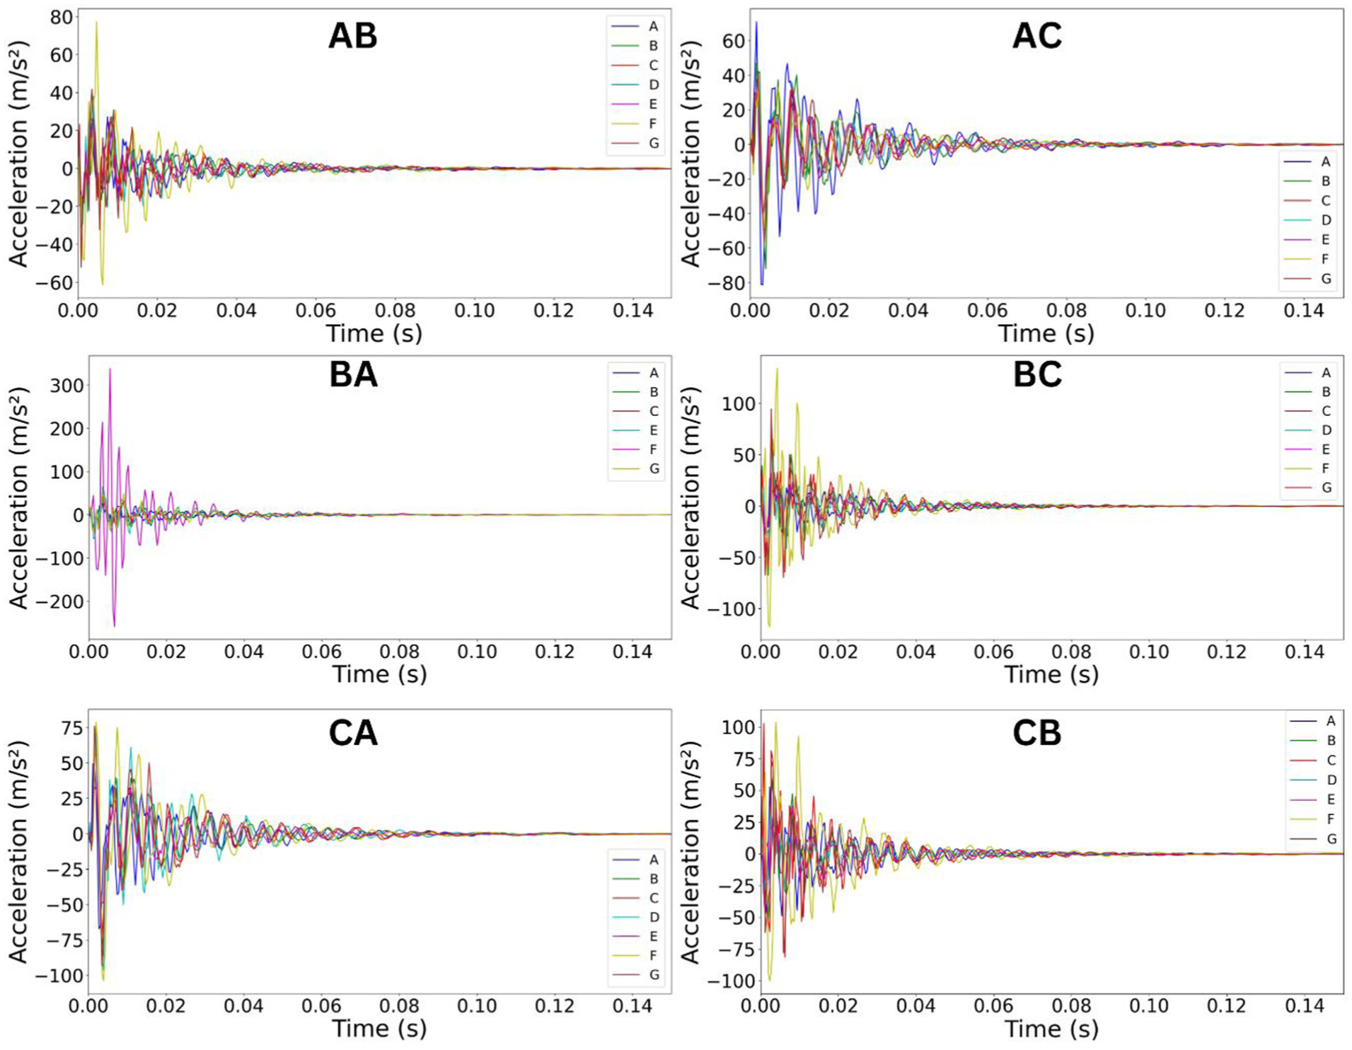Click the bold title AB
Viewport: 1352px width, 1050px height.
pos(353,36)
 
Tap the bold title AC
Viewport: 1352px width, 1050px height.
pos(1036,36)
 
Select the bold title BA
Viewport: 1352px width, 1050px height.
pos(353,375)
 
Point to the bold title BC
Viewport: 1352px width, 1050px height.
pos(1036,375)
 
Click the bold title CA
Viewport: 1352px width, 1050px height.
pos(353,733)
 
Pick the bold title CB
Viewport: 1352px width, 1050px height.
pos(1036,733)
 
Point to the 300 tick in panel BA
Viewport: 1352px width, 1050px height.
pos(67,386)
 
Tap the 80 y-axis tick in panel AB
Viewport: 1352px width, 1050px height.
pos(62,17)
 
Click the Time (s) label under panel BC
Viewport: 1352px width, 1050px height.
pos(1051,674)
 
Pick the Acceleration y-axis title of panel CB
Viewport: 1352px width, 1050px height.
pos(691,852)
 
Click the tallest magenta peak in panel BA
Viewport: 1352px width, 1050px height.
pos(110,369)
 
